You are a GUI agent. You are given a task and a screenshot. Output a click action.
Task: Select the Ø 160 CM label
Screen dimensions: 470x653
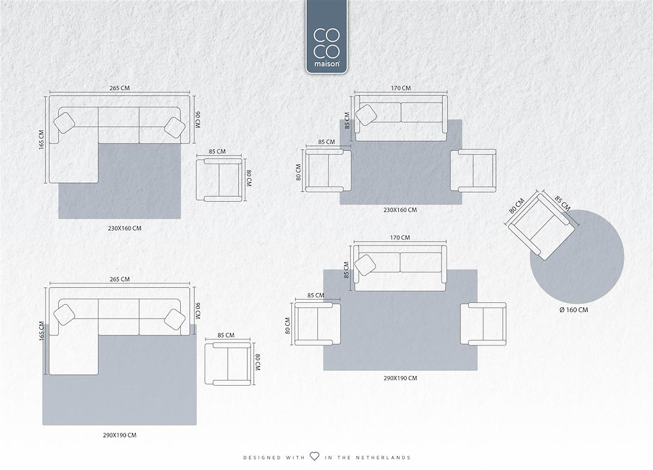[574, 310]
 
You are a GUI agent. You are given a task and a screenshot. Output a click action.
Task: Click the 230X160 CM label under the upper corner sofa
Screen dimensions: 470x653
[125, 228]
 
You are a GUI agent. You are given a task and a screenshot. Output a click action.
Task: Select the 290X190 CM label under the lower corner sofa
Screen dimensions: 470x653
[119, 435]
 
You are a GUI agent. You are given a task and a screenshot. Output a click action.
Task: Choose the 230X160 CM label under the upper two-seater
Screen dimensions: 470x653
[400, 210]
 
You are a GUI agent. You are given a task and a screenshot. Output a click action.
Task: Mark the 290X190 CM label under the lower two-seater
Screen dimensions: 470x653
[400, 378]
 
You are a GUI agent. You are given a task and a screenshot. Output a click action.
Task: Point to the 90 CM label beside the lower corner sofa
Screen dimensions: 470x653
[197, 311]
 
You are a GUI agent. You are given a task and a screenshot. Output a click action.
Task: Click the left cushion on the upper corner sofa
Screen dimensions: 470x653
[65, 123]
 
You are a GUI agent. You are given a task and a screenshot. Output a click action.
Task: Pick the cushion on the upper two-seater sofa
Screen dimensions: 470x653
[366, 115]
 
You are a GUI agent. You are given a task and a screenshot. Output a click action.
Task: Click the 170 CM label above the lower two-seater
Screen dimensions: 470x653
[400, 238]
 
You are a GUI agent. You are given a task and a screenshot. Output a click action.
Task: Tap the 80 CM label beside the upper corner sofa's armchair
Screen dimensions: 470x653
[249, 178]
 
